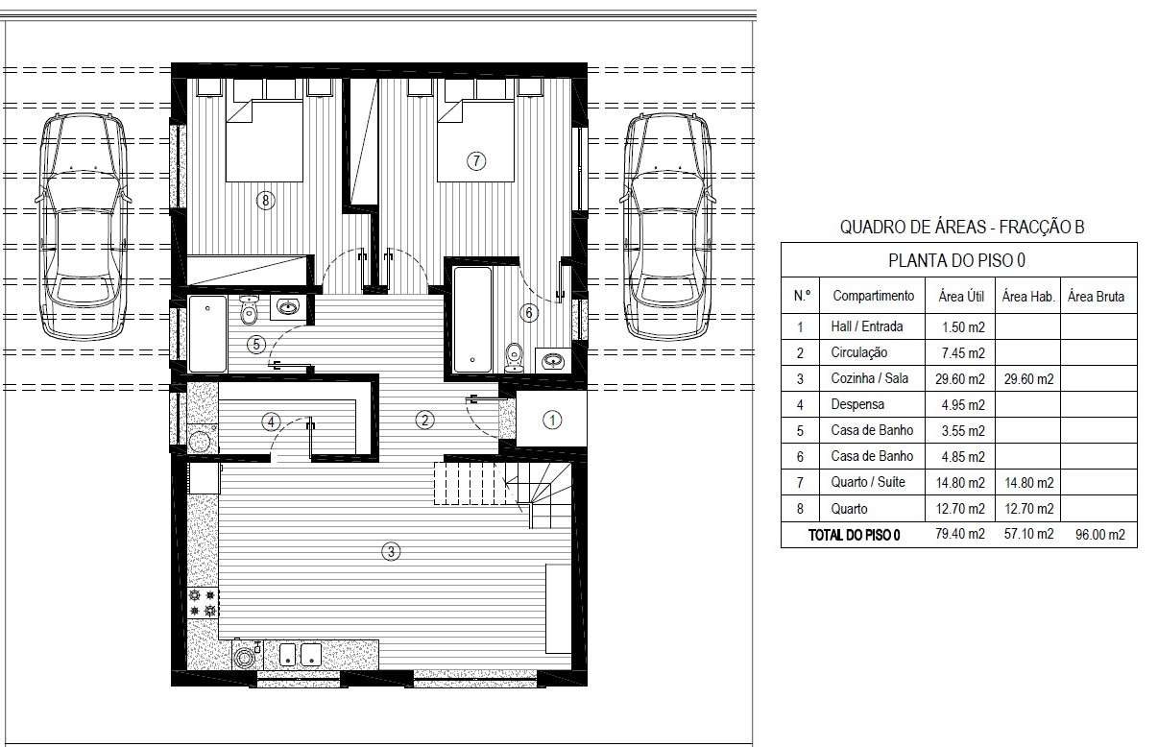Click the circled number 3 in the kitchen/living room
391,551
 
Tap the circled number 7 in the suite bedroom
476,161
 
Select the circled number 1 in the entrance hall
551,420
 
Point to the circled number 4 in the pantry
271,422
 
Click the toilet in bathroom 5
250,310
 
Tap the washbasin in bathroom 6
553,360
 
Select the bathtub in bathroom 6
472,319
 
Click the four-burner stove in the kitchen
203,603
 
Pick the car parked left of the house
83,227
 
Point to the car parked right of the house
668,227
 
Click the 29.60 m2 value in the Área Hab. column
1028,379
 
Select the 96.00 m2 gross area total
1100,534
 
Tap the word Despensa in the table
857,404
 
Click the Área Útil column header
961,297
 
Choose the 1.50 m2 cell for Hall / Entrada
963,327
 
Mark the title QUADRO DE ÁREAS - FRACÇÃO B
961,227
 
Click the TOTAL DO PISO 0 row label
854,535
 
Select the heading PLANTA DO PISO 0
956,260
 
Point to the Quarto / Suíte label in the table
868,482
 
